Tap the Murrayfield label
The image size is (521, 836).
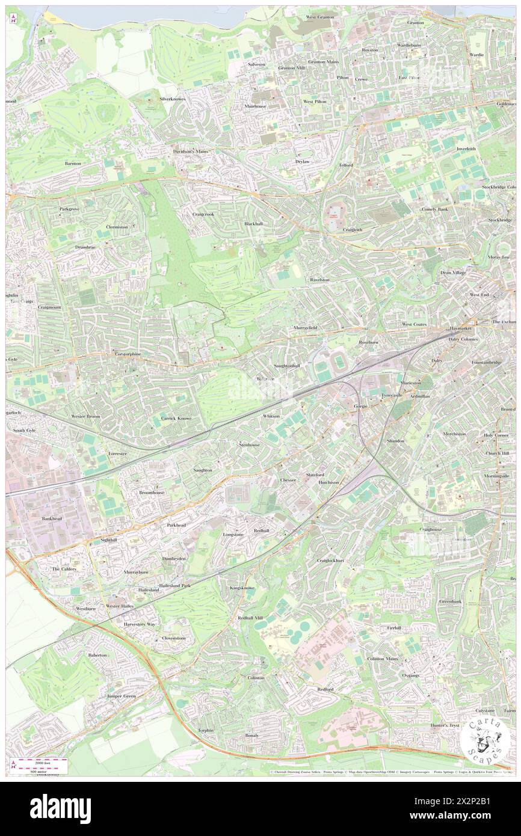[304, 327]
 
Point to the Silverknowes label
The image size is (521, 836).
[173, 98]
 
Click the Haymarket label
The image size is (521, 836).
[461, 329]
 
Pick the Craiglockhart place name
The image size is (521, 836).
[330, 560]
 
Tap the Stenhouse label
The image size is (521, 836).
[249, 444]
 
